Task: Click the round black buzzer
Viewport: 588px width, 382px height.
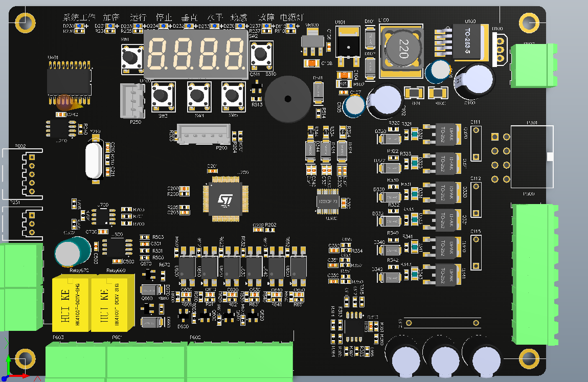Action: pyautogui.click(x=287, y=99)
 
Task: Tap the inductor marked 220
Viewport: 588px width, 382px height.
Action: pyautogui.click(x=402, y=49)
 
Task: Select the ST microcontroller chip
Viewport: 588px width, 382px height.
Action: pyautogui.click(x=225, y=199)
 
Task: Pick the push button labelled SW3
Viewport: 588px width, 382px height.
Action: pyautogui.click(x=163, y=96)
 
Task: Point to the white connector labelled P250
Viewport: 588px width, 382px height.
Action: pyautogui.click(x=134, y=101)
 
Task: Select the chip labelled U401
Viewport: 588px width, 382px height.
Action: pyautogui.click(x=69, y=81)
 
